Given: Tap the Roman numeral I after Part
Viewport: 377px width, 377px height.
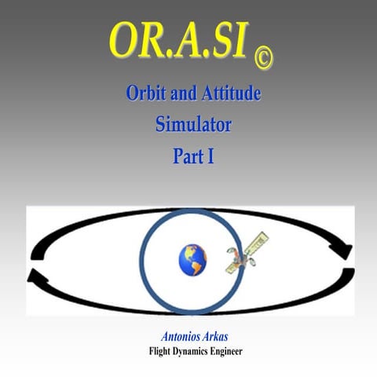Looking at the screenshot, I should coord(210,155).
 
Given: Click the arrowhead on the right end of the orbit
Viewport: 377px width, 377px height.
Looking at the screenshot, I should coord(342,251).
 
